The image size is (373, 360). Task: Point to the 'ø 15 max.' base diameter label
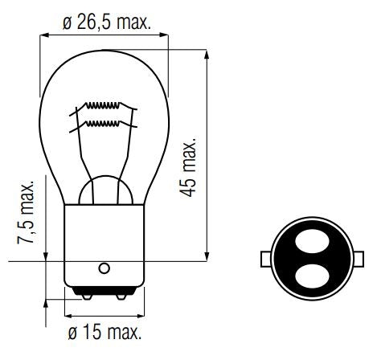coord(105,332)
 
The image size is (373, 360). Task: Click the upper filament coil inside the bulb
coord(105,107)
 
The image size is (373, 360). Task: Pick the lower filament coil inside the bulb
coord(105,124)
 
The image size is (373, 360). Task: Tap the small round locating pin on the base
coord(104,268)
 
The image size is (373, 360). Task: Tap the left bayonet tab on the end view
coord(267,260)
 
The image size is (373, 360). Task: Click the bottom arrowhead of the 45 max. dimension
coord(207,257)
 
